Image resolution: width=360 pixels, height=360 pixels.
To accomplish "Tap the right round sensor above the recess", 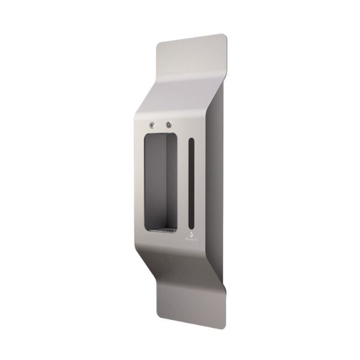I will [x=169, y=125].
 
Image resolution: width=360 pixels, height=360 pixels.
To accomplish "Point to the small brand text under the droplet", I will [x=191, y=238].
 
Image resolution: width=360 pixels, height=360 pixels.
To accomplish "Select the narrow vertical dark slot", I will [x=191, y=180].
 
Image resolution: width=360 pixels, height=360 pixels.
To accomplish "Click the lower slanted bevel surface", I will [x=180, y=264].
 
